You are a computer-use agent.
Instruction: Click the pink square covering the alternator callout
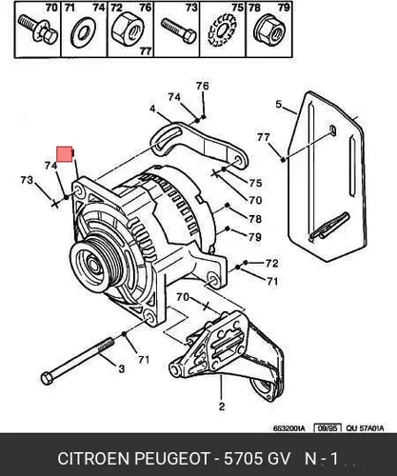coord(65,154)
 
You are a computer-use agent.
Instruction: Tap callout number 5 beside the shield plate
coord(279,104)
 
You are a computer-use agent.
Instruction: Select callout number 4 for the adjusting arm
coord(152,109)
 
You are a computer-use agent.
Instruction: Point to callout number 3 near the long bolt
coord(122,368)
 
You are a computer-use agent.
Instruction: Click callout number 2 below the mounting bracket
coord(222,407)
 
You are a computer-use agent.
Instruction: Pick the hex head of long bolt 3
coord(47,379)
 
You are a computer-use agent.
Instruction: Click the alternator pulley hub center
coord(92,264)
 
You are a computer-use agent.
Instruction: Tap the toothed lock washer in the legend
coord(222,30)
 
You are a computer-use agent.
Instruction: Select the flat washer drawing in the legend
coord(84,32)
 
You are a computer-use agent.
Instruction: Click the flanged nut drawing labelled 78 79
coord(269,30)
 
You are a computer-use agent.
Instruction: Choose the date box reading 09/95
coord(328,428)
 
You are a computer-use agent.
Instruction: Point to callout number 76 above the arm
coord(202,86)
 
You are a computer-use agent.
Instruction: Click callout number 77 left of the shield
coord(264,137)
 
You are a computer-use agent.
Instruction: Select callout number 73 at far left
coord(27,180)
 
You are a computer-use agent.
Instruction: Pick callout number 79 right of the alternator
coord(255,237)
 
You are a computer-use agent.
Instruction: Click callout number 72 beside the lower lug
coord(272,263)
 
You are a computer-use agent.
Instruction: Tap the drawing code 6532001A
coord(289,428)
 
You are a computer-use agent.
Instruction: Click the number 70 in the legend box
coord(51,8)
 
